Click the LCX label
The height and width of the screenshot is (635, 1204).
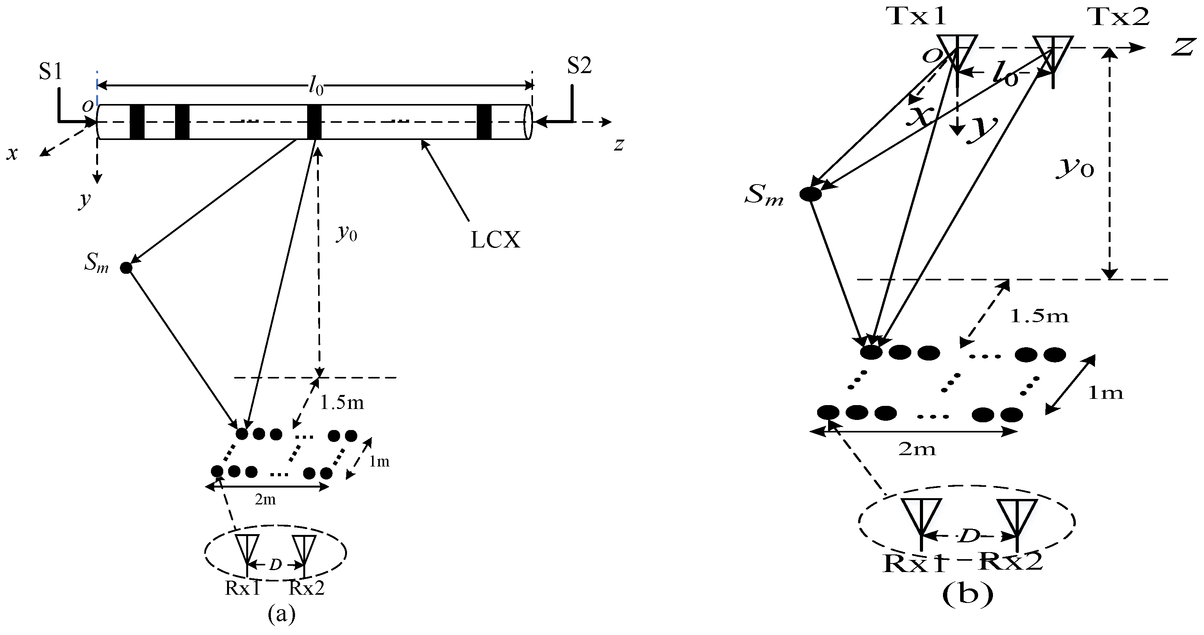click(495, 240)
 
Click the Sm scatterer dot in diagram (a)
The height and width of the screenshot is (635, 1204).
click(126, 268)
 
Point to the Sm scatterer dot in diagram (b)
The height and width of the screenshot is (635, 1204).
click(810, 194)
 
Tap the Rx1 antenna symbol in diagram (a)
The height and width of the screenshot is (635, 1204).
click(247, 552)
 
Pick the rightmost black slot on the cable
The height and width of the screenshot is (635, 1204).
click(484, 122)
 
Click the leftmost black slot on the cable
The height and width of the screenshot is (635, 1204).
click(137, 122)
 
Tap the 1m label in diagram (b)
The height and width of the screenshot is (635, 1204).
click(1106, 393)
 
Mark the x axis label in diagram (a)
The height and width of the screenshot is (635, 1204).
click(12, 153)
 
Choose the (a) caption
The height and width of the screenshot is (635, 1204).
click(282, 614)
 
